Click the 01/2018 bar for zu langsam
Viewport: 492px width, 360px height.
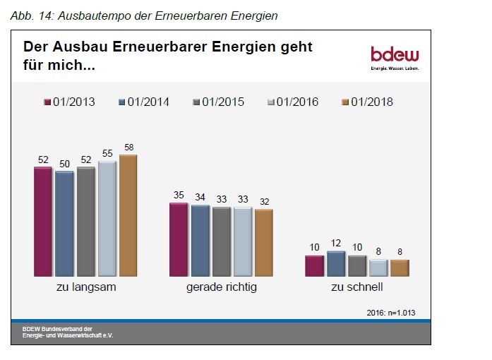pos(128,215)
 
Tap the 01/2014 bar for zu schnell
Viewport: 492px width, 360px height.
pos(336,264)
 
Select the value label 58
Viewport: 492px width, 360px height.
pos(128,148)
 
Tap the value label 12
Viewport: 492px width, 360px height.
pos(336,244)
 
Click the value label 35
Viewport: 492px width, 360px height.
pos(179,196)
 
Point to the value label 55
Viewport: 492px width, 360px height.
pos(107,153)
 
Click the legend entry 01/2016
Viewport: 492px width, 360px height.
pos(292,102)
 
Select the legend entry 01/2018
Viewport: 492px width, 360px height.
pos(366,102)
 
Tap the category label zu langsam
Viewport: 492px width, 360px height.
pos(86,288)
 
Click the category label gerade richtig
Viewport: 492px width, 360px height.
pos(221,288)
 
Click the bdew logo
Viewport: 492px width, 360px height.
pos(395,58)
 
